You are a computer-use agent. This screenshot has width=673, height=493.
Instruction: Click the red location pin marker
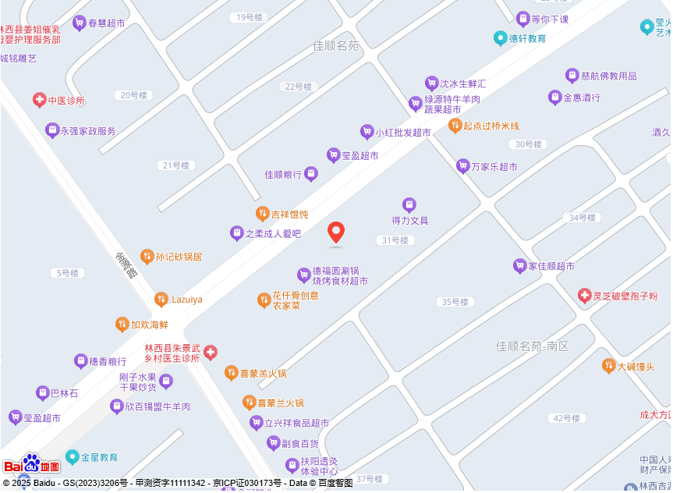coord(336,232)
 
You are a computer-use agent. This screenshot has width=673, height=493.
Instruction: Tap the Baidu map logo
coord(32,465)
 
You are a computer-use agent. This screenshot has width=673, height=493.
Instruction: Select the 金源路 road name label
coord(126,265)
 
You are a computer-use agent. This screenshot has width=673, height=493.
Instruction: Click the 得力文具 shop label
coord(410,221)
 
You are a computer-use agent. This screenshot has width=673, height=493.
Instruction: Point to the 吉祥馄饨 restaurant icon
coord(263,213)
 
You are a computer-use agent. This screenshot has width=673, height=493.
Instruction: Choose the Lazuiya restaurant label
coord(187,300)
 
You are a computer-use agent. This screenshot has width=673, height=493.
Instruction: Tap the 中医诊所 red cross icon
coord(39,100)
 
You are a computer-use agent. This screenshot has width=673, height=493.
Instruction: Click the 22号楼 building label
coord(298,87)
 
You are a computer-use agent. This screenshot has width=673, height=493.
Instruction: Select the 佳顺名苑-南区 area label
coord(533,346)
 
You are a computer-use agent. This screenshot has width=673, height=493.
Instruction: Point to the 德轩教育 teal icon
coord(501,37)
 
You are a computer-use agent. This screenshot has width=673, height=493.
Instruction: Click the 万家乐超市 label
coord(494,166)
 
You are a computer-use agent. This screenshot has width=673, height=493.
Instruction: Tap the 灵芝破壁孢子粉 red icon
coord(585,296)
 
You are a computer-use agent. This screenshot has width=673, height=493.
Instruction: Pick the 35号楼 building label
coord(455,302)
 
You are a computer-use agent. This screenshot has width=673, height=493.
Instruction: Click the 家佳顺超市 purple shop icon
coord(519,266)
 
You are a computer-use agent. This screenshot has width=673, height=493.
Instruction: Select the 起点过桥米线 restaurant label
coord(491,126)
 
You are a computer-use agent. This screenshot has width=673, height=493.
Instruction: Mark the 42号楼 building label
coord(567,418)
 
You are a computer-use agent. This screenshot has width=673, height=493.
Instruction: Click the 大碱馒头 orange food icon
coord(609,366)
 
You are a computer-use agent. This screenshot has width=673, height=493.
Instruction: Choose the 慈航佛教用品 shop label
coord(609,76)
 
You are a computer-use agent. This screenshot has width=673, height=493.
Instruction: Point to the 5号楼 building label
coord(67,273)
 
